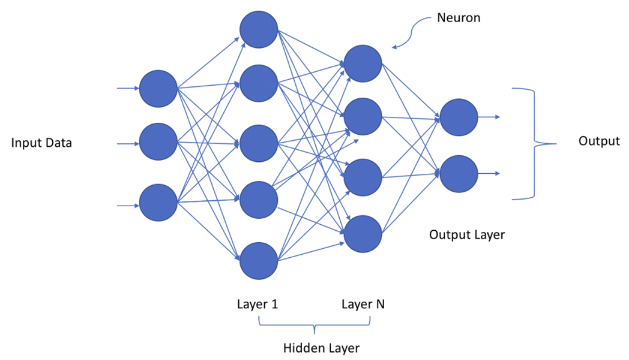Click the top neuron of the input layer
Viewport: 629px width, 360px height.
pyautogui.click(x=158, y=89)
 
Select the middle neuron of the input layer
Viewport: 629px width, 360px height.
pyautogui.click(x=158, y=143)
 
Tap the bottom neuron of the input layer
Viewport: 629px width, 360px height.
pyautogui.click(x=158, y=203)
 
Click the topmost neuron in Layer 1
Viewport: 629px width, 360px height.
pyautogui.click(x=259, y=29)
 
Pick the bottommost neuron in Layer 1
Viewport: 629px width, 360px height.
pyautogui.click(x=259, y=261)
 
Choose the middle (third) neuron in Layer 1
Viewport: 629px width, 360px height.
pyautogui.click(x=259, y=143)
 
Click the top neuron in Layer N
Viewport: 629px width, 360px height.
pyautogui.click(x=363, y=64)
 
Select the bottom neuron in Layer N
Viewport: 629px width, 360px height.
pyautogui.click(x=363, y=234)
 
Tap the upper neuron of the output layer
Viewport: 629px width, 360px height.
pyautogui.click(x=459, y=117)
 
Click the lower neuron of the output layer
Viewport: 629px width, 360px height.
pyautogui.click(x=459, y=174)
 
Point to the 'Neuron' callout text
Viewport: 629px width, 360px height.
pyautogui.click(x=459, y=18)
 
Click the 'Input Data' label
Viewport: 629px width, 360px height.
pyautogui.click(x=42, y=143)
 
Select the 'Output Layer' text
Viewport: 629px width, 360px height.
pyautogui.click(x=467, y=235)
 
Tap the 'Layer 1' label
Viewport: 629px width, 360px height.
pyautogui.click(x=257, y=304)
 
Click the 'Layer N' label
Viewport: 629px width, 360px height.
pyautogui.click(x=363, y=304)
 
